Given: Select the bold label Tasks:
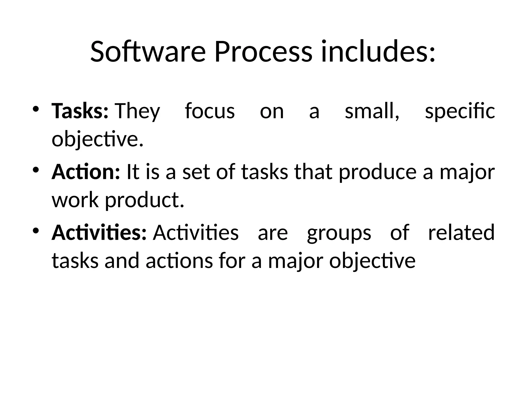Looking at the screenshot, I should pyautogui.click(x=80, y=111).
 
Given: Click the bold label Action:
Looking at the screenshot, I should pyautogui.click(x=86, y=172).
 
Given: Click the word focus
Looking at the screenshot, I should pyautogui.click(x=210, y=111).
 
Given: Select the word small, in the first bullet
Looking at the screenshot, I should pyautogui.click(x=372, y=111).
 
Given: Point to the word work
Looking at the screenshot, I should pyautogui.click(x=75, y=200).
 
